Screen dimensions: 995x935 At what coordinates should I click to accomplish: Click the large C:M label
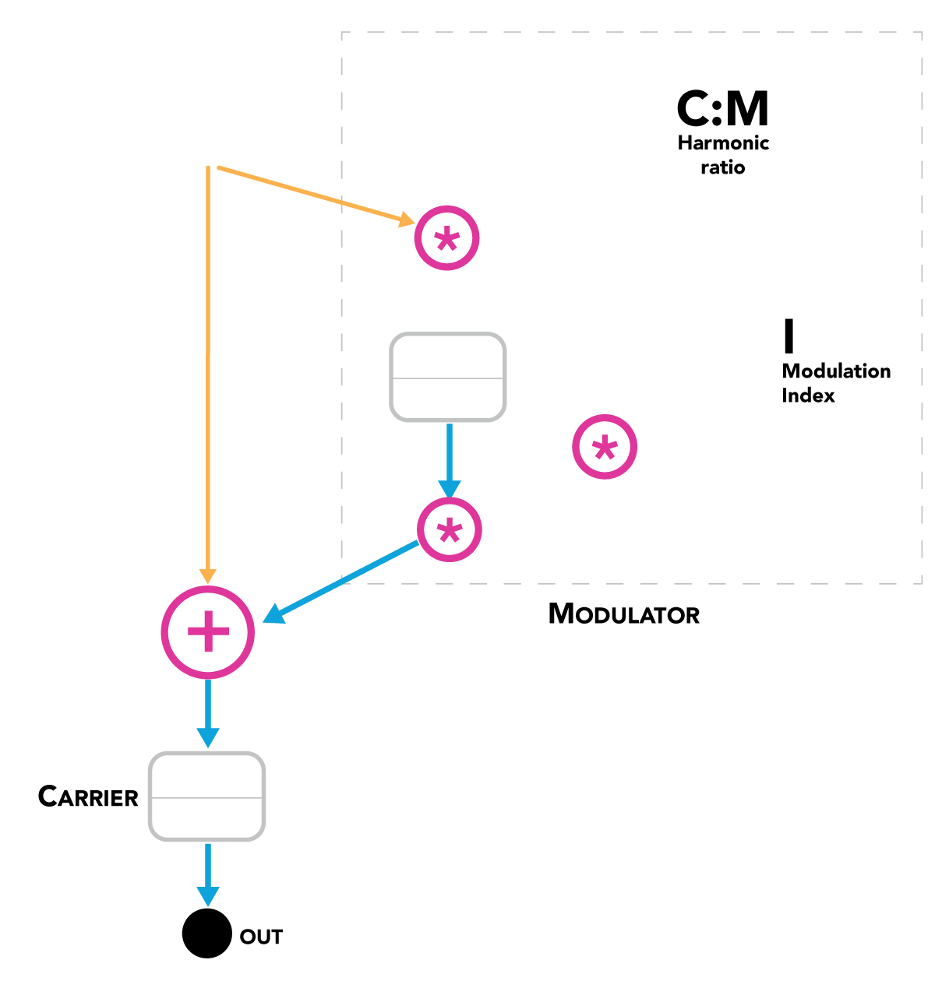pos(722,109)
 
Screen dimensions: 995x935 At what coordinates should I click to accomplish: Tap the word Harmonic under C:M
pos(723,143)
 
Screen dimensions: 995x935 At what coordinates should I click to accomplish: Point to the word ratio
pos(722,167)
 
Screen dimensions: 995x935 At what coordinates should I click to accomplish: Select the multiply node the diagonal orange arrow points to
pos(446,238)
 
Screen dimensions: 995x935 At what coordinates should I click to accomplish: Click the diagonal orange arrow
pos(312,194)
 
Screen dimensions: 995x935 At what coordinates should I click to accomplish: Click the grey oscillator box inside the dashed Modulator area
pos(447,378)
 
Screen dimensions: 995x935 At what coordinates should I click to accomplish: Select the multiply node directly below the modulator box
pos(450,530)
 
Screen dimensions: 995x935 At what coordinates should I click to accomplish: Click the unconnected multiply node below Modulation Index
pos(605,447)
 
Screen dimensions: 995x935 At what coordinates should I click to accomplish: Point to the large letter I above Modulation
pos(789,336)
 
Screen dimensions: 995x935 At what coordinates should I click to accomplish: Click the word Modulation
pos(836,371)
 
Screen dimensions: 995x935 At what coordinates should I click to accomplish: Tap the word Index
pos(808,396)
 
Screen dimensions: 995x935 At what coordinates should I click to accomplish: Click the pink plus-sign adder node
pos(208,632)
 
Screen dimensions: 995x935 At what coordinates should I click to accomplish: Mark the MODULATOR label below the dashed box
pos(624,614)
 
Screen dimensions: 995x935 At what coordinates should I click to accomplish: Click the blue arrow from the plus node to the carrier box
pos(208,712)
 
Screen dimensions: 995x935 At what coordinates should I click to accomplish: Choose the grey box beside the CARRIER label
pos(207,796)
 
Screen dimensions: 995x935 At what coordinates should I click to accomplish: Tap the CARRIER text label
pos(88,797)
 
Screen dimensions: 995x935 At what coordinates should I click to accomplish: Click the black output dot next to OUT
pos(206,933)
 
